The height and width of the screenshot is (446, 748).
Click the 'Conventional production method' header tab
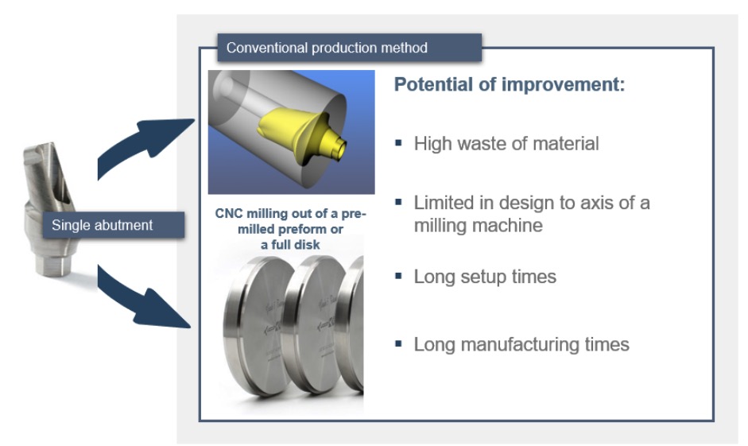point(349,48)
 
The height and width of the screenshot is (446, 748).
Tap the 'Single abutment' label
point(114,225)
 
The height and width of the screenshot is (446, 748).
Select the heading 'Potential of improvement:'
point(509,84)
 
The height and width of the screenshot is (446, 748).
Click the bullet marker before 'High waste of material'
point(399,142)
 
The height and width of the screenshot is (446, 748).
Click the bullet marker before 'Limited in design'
point(399,202)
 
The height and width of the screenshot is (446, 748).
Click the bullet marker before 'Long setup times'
point(399,276)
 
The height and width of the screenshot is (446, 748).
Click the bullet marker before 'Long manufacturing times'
point(399,343)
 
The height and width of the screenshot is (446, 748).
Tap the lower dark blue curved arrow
point(142,301)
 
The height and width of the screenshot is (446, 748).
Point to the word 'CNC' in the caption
point(229,213)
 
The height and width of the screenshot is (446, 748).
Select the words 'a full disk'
point(290,245)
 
